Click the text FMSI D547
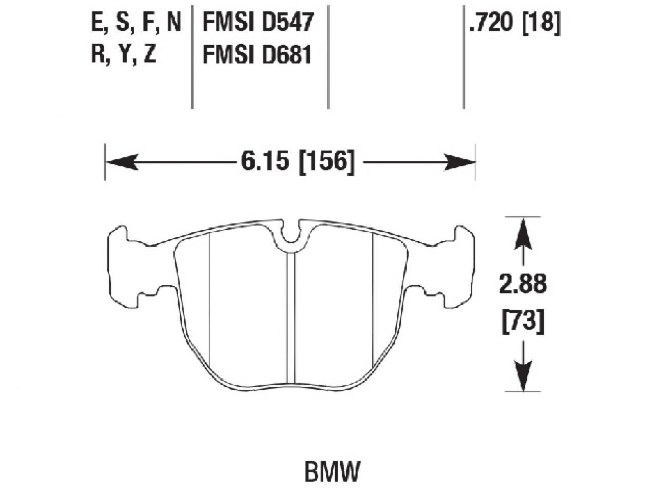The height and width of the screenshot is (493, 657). [258, 23]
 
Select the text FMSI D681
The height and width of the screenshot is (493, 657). [258, 54]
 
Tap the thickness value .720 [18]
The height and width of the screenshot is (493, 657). [514, 23]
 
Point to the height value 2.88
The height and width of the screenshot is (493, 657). [523, 285]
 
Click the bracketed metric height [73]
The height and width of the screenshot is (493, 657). [523, 321]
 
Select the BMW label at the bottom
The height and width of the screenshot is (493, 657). [333, 471]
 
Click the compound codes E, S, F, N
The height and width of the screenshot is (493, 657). [136, 23]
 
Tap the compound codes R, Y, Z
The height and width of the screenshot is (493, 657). [124, 54]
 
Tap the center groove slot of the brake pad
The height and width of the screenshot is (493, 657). [291, 318]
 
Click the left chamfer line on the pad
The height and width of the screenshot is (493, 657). [210, 298]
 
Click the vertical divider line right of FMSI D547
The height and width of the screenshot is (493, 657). [328, 54]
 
